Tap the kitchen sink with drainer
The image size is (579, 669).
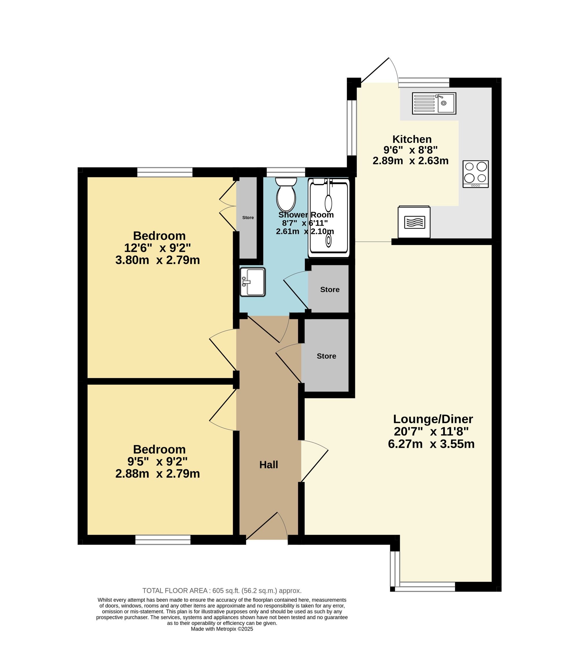click(x=434, y=103)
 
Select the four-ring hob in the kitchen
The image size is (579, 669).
click(x=475, y=174)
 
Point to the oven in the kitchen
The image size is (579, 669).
click(x=414, y=222)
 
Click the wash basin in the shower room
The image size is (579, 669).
click(x=252, y=282)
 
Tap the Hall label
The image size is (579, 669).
click(x=268, y=465)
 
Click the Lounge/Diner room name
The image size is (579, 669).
click(x=433, y=419)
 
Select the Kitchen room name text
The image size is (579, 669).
click(x=412, y=139)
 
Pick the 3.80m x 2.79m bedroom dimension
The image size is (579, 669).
click(x=158, y=260)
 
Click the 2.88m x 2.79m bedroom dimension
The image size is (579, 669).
click(x=158, y=474)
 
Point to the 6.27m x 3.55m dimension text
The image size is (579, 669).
click(x=431, y=444)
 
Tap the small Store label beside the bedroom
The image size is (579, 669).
click(x=248, y=218)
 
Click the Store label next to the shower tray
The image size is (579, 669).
click(x=330, y=290)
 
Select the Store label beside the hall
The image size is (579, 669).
click(x=326, y=356)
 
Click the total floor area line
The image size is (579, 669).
click(x=222, y=591)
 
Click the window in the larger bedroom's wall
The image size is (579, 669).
click(x=165, y=172)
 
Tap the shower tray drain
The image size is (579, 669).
click(x=329, y=241)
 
